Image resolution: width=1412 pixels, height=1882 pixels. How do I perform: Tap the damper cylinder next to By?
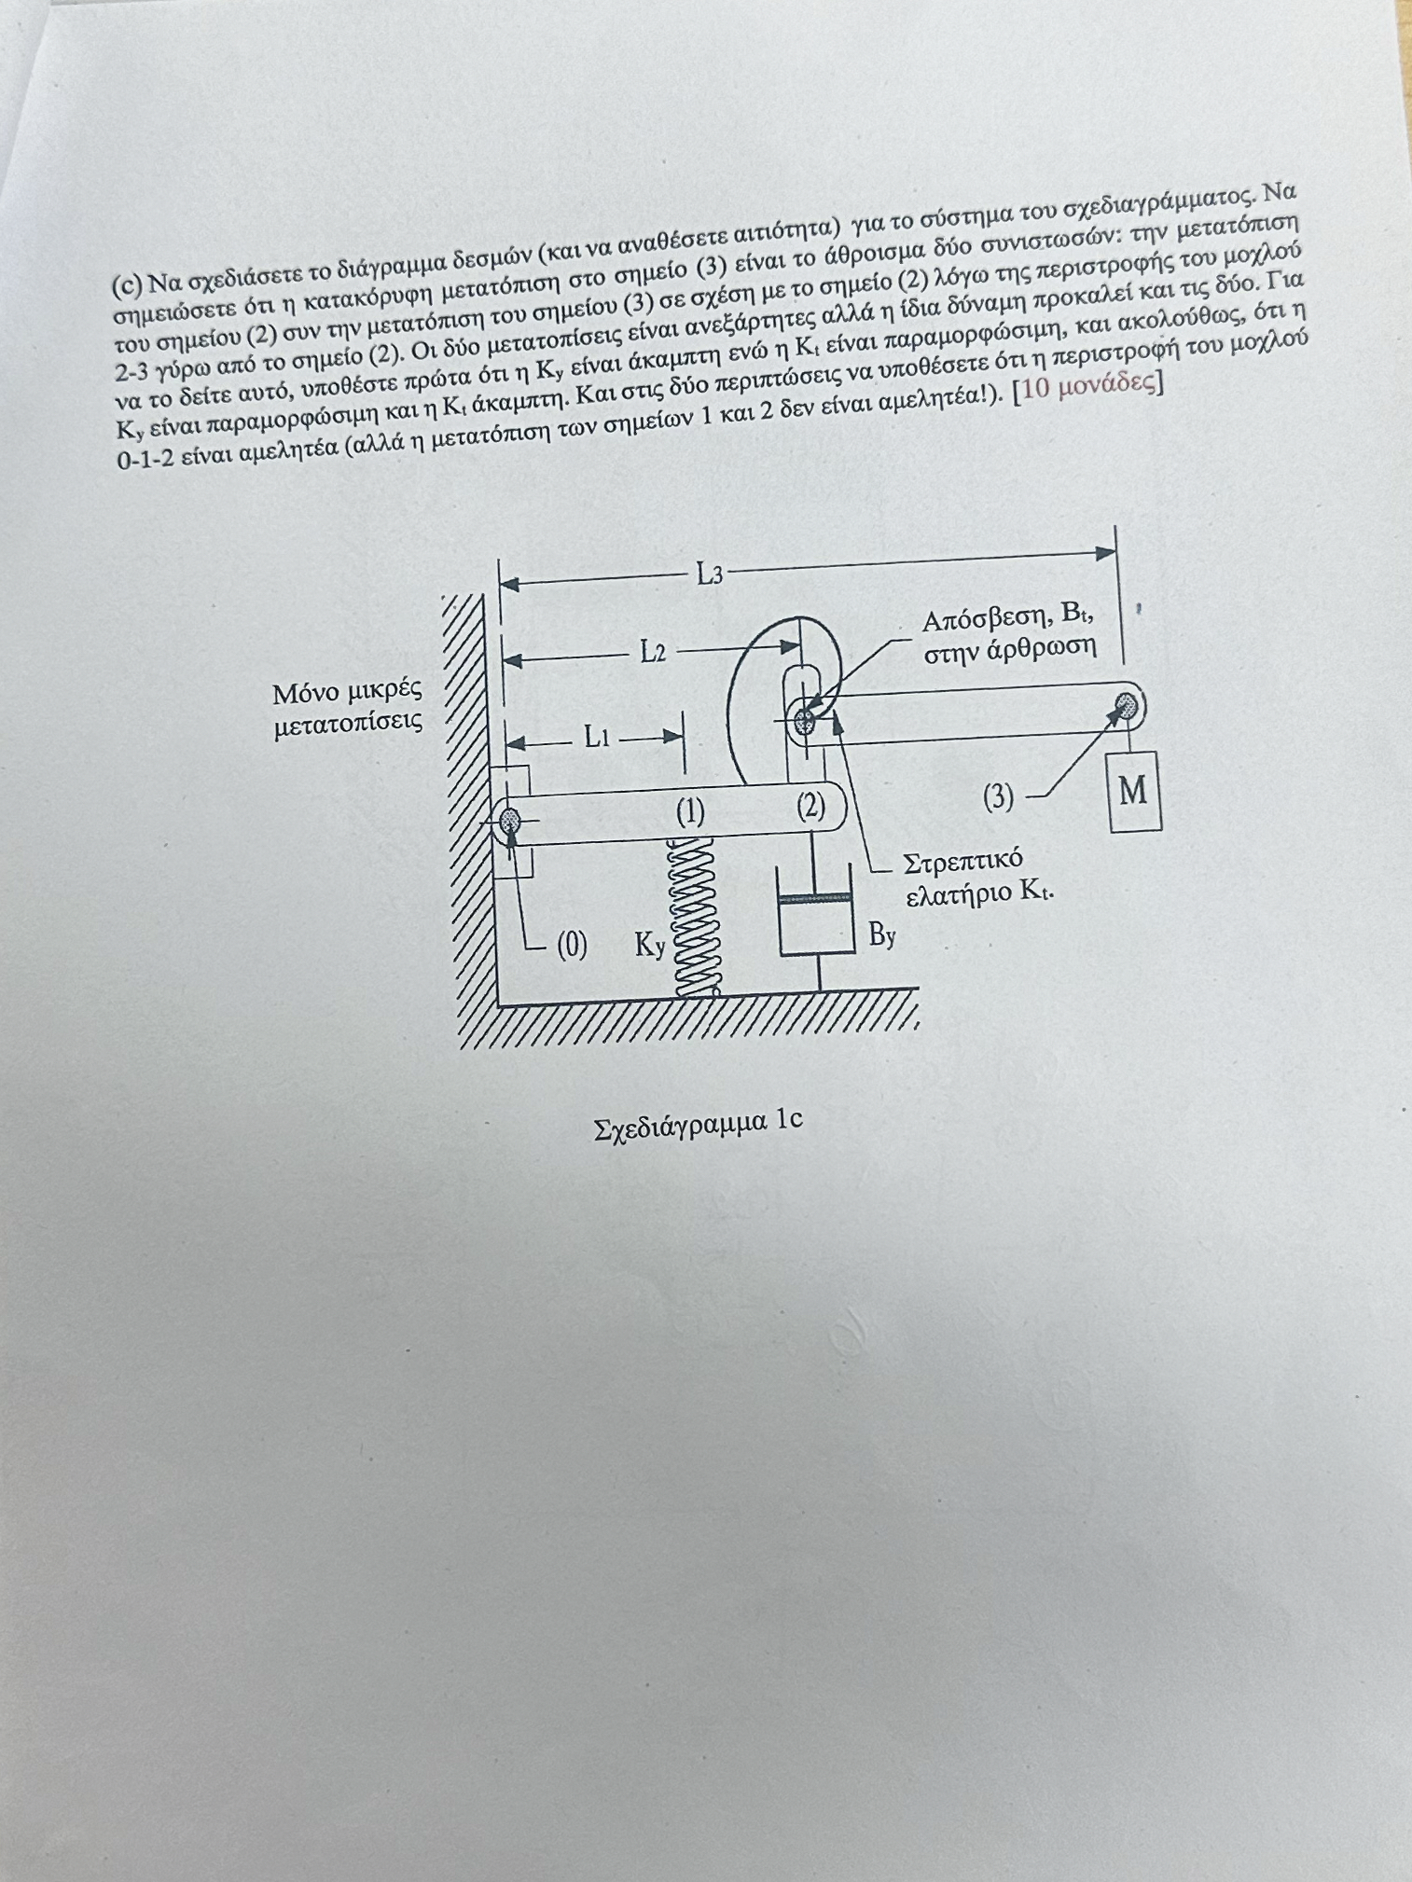point(816,923)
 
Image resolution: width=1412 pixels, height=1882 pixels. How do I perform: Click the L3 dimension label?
point(710,574)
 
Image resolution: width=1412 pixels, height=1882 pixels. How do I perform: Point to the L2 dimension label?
point(653,652)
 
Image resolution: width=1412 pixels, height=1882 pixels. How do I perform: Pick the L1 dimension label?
point(598,739)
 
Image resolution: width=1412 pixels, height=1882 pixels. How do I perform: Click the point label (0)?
point(572,946)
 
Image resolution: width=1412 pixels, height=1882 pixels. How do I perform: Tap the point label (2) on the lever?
point(811,806)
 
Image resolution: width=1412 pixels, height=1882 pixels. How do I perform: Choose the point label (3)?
point(998,796)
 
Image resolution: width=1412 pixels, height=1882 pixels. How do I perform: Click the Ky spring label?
point(650,946)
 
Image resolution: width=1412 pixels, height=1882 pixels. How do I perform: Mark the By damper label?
point(882,934)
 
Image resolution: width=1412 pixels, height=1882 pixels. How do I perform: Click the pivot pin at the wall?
point(511,822)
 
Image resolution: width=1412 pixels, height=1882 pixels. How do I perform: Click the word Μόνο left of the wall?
point(307,694)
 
